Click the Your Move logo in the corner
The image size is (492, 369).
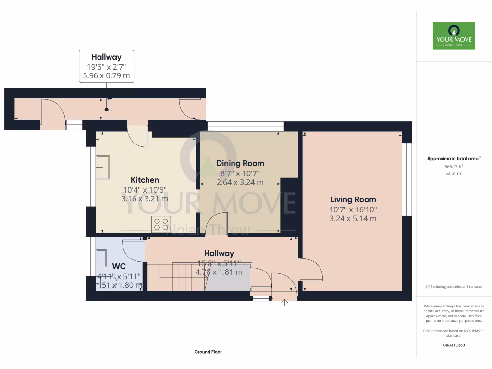pos(454,36)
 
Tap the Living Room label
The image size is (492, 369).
pos(353,199)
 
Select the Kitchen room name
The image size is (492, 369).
pos(145,180)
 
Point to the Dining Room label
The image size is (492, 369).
pos(240,163)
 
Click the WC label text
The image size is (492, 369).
pos(119,266)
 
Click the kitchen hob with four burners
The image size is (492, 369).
pos(161,224)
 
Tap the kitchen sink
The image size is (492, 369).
pos(103,167)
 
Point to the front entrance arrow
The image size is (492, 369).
pos(284,302)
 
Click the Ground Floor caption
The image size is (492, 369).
pos(208,352)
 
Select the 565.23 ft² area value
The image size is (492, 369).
pos(454,166)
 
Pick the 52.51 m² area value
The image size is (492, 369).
pos(454,173)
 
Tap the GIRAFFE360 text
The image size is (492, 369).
pos(454,345)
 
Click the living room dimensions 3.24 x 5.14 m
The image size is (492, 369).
pos(353,218)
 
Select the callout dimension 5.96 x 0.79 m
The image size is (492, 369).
pos(106,75)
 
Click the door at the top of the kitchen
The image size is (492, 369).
pos(139,136)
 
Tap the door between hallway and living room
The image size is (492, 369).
pos(310,269)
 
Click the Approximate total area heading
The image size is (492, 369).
pos(454,158)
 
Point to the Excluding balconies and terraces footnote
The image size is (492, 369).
pos(454,287)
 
